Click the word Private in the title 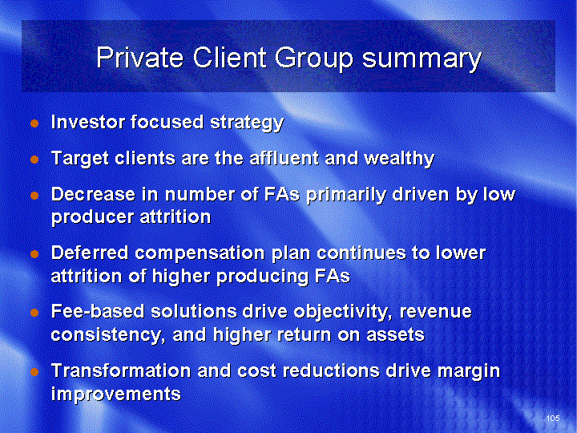point(139,58)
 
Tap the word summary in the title point(422,59)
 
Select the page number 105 point(553,418)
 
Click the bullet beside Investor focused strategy point(34,123)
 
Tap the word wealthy point(399,159)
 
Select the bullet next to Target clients point(34,160)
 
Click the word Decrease point(93,194)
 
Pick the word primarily point(346,195)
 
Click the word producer point(92,217)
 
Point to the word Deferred point(90,253)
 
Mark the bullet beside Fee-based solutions point(34,313)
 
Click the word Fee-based point(98,311)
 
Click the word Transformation point(121,370)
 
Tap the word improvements point(116,394)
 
